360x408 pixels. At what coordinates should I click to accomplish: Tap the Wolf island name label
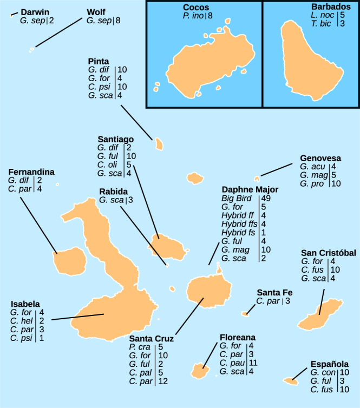[x=96, y=12]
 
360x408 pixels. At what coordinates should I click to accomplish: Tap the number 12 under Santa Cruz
[x=162, y=381]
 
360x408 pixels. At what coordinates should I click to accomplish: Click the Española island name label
[x=329, y=364]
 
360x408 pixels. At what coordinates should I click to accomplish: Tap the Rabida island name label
[x=113, y=192]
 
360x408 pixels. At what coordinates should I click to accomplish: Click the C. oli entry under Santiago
[x=108, y=164]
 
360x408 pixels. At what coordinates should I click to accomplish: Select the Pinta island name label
[x=98, y=61]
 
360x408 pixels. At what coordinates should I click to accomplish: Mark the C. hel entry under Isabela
[x=21, y=321]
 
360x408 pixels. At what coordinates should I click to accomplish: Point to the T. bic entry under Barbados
[x=322, y=24]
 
